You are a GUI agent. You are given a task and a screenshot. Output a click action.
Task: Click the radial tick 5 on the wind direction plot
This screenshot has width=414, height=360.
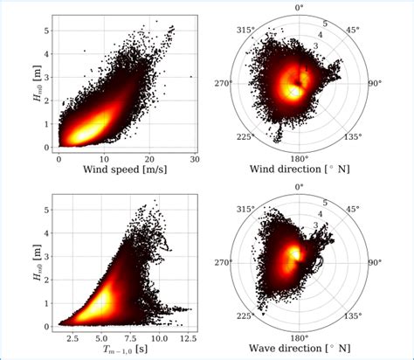325,23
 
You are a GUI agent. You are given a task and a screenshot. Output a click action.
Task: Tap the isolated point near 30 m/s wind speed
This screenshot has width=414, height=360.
190,77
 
